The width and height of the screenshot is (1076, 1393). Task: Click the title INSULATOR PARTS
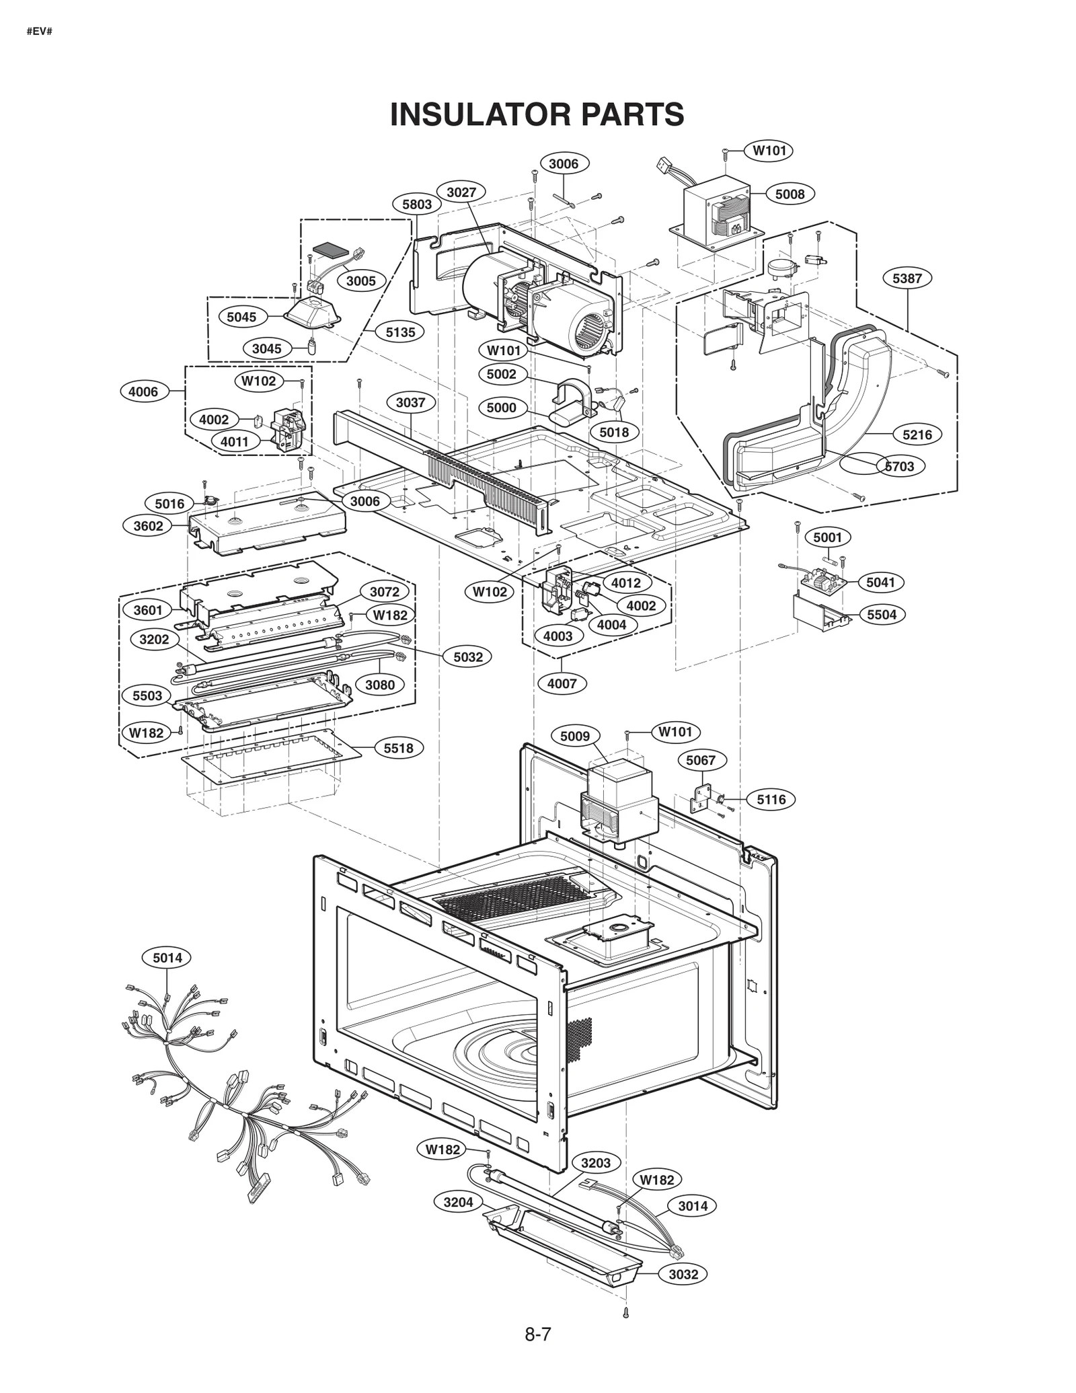[x=537, y=114]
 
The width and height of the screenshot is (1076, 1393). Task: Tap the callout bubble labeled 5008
[x=790, y=194]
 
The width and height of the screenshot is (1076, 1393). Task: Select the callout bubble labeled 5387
[x=907, y=278]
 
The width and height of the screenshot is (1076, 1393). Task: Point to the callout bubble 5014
[x=167, y=958]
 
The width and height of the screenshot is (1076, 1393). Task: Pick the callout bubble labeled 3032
[x=683, y=1275]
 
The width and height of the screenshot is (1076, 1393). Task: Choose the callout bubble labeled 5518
[x=398, y=748]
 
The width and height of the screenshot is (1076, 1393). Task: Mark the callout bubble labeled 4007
[x=562, y=683]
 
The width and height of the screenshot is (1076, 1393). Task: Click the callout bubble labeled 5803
[x=417, y=204]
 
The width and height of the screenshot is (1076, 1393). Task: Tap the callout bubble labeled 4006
[x=143, y=391]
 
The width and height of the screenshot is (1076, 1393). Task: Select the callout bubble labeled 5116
[x=771, y=800]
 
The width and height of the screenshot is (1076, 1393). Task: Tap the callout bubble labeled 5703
[x=900, y=466]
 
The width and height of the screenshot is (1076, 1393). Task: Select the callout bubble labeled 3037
[x=410, y=402]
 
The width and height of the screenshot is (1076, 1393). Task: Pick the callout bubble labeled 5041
[x=880, y=582]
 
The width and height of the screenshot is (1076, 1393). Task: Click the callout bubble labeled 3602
[x=148, y=526]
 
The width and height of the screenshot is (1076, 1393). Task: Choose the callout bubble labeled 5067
[x=701, y=761]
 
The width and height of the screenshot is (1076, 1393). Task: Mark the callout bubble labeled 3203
[x=596, y=1163]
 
